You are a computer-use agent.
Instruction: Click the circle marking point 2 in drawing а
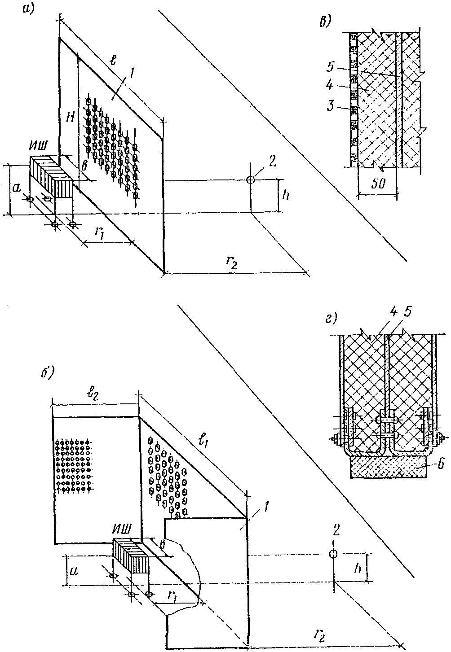251,179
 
